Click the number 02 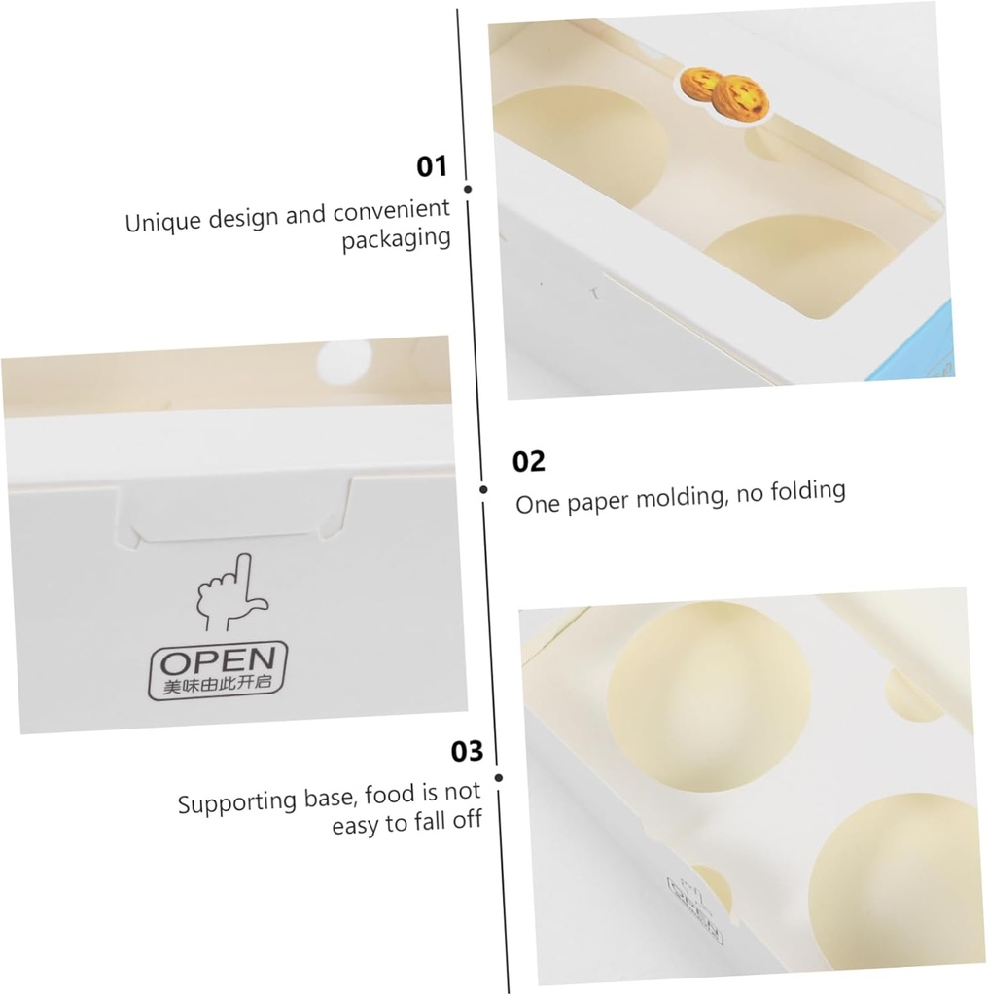coord(529,460)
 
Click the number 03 coord(467,752)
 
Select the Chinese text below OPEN coord(218,687)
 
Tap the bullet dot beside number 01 coord(468,190)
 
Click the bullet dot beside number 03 coord(499,777)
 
